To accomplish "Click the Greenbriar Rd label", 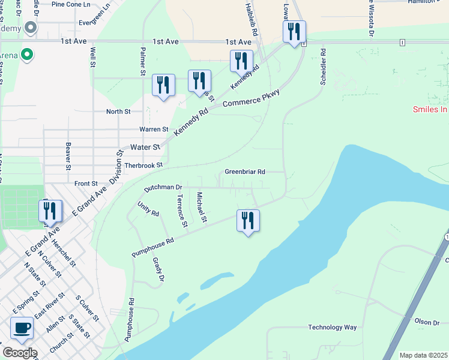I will coord(245,172).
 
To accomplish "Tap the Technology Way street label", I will coord(333,328).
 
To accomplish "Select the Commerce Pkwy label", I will coord(252,100).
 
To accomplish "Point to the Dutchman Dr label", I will coord(162,188).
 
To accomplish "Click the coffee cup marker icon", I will coord(22,329).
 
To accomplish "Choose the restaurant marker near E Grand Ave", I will coord(50,211).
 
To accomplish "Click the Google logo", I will coord(19,353).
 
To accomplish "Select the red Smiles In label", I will coord(430,109).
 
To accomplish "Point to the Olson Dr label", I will coord(427,323).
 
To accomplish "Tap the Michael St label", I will coord(202,208).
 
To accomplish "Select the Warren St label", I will coord(154,129).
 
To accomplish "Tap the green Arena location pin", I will coord(26,56).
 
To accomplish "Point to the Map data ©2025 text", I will coord(423,355).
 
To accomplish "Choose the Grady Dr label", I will coord(158,269).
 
